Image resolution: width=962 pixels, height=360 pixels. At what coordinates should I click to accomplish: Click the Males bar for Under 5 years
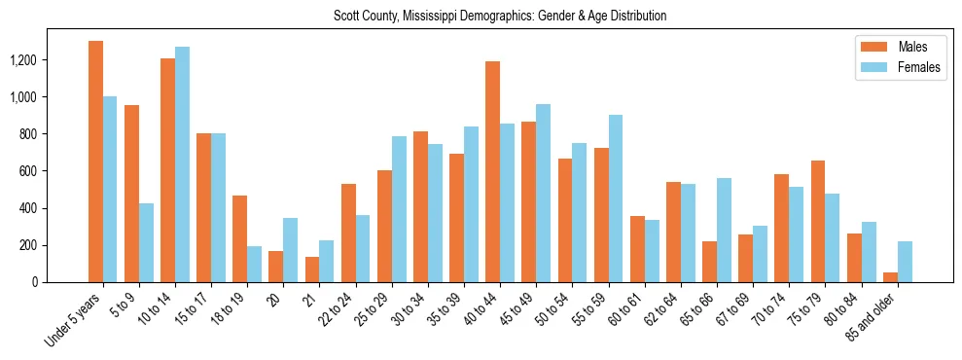[x=95, y=162]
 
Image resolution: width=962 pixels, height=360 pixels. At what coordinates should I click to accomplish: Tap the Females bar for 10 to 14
[x=182, y=164]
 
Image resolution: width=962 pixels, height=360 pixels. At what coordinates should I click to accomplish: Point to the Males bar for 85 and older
[x=889, y=277]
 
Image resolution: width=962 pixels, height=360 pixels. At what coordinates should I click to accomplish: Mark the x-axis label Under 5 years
[x=73, y=320]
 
